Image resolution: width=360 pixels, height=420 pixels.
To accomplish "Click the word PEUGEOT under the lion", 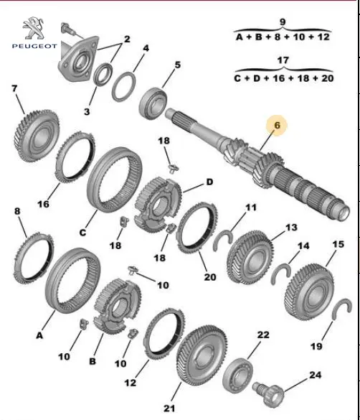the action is pos(34,46).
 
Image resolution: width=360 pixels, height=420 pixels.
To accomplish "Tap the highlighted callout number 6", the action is pos(277,125).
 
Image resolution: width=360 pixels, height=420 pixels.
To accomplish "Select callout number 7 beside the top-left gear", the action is pos(14,88).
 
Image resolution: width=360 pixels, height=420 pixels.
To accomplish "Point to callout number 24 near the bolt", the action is pos(315,375).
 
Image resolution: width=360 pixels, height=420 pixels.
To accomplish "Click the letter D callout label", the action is pos(209,182).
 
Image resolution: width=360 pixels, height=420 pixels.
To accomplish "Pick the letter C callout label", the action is pos(82,232).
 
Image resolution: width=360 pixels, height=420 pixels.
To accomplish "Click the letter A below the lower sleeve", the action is pos(39,335).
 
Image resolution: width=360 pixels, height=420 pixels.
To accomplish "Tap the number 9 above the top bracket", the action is pos(283,22).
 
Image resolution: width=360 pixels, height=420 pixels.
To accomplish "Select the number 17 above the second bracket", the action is pos(283,60).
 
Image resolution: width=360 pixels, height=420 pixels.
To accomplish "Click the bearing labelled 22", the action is pos(237,375).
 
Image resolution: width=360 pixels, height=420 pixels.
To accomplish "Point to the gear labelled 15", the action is pos(309,292).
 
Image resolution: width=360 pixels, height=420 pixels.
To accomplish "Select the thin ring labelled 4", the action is pos(123,87).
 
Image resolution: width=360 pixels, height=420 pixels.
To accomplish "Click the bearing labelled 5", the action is pos(153,103).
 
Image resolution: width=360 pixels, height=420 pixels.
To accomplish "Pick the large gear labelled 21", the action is pos(202,355).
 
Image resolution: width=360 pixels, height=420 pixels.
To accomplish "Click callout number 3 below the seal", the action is pos(87,111).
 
